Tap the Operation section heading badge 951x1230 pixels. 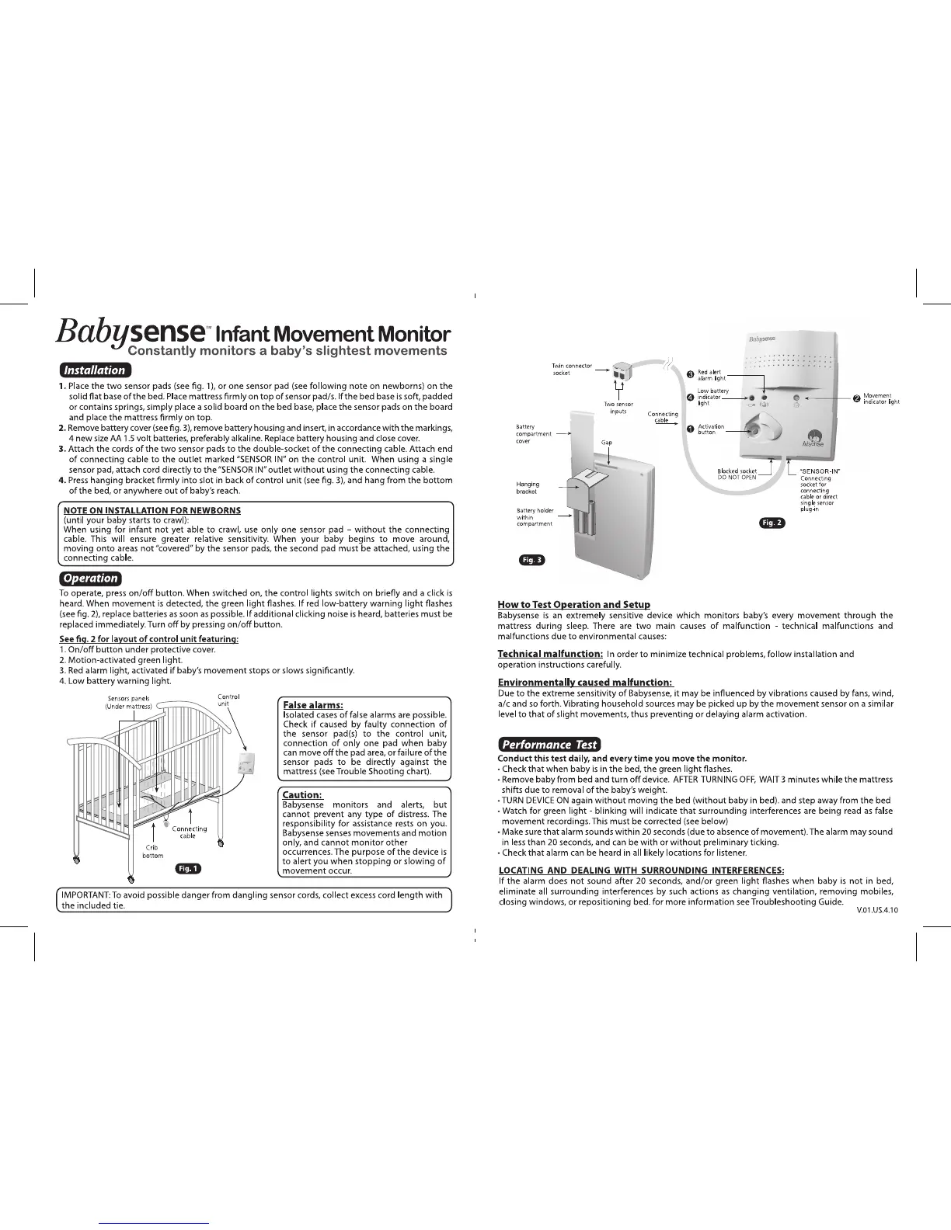click(90, 578)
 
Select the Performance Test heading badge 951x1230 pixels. click(549, 744)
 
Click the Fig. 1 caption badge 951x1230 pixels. click(188, 868)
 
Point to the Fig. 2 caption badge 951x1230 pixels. click(772, 523)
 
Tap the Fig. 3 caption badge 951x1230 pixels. click(531, 560)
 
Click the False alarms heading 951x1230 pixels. click(313, 705)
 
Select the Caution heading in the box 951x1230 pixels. click(301, 794)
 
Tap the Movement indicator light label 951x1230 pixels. click(880, 398)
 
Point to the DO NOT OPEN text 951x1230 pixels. click(737, 478)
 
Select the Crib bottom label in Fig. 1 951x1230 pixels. click(152, 851)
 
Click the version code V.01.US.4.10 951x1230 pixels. click(877, 911)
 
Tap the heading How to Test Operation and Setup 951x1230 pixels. click(573, 604)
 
